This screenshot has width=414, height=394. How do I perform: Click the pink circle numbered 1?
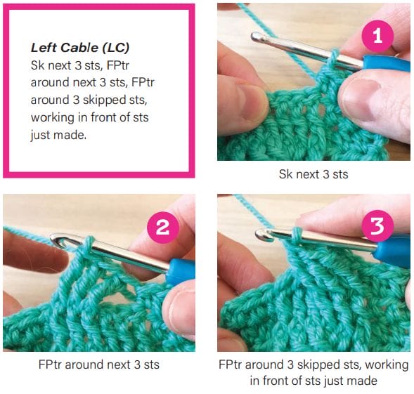(378, 36)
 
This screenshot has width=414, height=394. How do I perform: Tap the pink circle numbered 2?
(162, 228)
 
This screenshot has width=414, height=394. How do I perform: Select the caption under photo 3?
(313, 373)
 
